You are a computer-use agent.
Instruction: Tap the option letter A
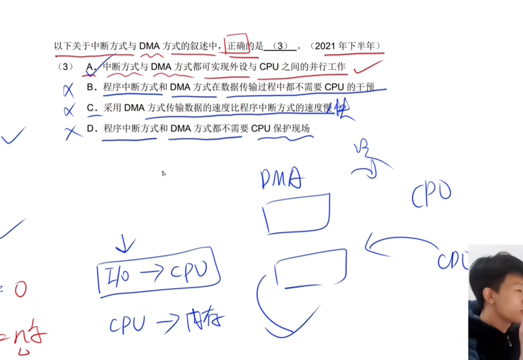(x=91, y=67)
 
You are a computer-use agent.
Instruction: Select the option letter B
(x=91, y=87)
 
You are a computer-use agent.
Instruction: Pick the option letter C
(x=91, y=108)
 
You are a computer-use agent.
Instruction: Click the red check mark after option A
(x=368, y=67)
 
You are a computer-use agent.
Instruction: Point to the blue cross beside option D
(x=72, y=133)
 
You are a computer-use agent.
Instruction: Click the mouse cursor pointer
(x=164, y=173)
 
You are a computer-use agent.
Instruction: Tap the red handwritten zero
(x=20, y=290)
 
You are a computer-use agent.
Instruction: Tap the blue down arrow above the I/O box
(x=125, y=244)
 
